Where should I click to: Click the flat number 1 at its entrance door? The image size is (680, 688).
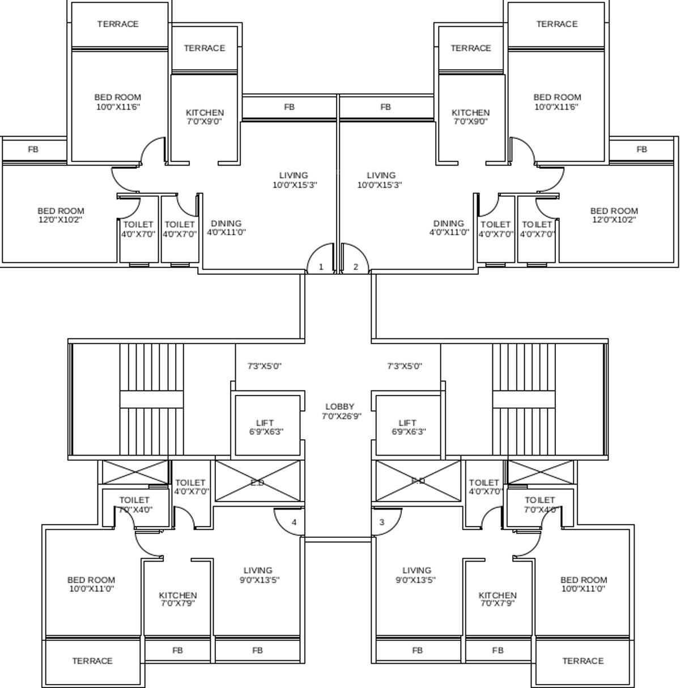point(321,267)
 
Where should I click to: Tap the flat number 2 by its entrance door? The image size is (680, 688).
point(356,267)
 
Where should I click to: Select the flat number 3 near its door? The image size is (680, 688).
point(382,522)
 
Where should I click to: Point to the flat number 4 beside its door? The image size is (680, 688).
point(294,522)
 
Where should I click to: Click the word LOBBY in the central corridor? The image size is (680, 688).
point(340,406)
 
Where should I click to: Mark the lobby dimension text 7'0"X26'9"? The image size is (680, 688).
point(341,416)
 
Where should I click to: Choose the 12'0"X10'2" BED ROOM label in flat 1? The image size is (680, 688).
point(61,215)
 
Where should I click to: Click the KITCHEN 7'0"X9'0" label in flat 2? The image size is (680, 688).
point(470,117)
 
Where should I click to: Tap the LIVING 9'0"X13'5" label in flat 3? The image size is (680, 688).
point(416,575)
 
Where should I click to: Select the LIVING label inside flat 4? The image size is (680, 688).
point(258,570)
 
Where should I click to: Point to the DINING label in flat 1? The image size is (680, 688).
point(226,223)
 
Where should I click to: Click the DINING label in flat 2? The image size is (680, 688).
point(449,223)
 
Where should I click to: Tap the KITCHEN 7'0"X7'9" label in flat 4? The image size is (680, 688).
point(178,599)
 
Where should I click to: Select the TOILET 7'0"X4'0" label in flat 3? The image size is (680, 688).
point(539,504)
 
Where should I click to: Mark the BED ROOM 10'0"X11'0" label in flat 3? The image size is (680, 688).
point(584,584)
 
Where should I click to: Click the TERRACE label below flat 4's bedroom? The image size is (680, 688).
point(92,661)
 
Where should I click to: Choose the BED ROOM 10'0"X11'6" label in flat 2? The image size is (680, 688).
point(557,101)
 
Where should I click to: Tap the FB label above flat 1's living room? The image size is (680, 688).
point(289,107)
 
